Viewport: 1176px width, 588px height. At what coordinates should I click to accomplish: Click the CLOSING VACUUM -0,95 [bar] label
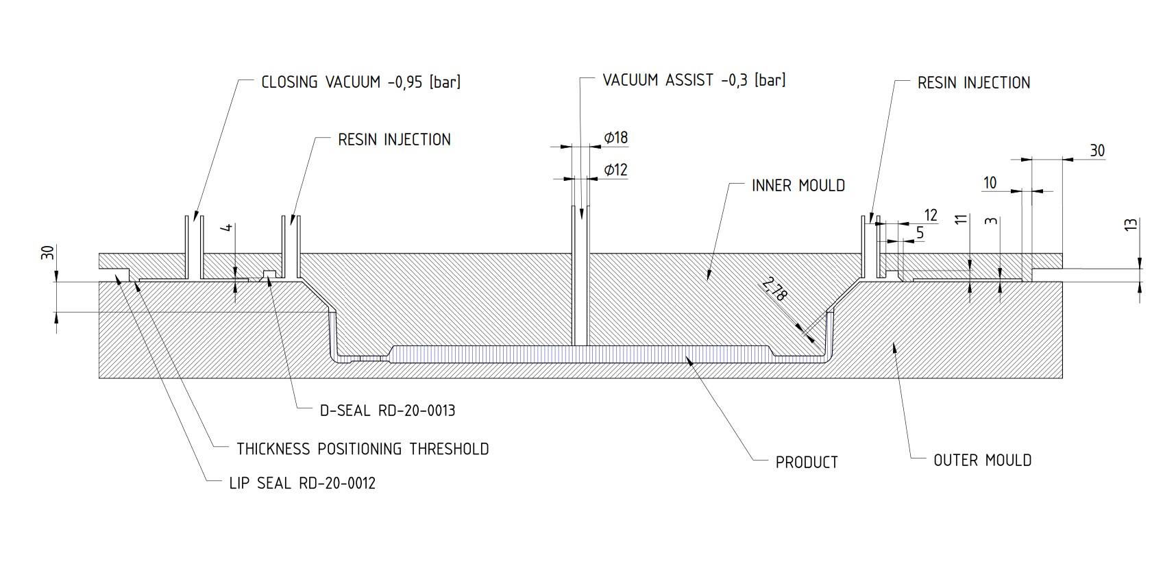[x=360, y=82]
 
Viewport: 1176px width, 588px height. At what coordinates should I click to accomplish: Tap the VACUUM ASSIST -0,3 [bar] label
[x=694, y=80]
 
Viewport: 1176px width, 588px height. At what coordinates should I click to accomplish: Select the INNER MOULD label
[x=798, y=186]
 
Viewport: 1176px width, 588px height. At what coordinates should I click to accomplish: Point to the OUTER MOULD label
[x=982, y=461]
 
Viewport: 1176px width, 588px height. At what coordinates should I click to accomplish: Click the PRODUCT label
[x=807, y=463]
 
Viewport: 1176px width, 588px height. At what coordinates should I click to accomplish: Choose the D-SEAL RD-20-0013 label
[x=387, y=411]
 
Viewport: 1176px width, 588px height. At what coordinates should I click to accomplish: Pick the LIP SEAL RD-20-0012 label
[x=302, y=484]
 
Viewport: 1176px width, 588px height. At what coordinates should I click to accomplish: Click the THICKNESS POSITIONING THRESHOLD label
[x=363, y=450]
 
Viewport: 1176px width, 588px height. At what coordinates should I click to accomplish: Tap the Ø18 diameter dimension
[x=615, y=138]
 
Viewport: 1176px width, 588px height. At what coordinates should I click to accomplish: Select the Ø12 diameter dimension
[x=615, y=170]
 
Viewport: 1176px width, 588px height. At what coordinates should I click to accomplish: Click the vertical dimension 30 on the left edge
[x=47, y=252]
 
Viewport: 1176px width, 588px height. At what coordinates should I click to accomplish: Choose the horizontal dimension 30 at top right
[x=1097, y=151]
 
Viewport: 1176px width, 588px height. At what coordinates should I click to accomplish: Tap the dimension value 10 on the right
[x=990, y=183]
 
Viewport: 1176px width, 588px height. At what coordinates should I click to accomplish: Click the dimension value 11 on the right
[x=961, y=219]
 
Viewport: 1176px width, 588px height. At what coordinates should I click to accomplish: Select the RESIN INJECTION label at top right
[x=973, y=83]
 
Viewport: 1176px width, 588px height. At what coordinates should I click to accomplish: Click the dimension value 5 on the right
[x=920, y=233]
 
